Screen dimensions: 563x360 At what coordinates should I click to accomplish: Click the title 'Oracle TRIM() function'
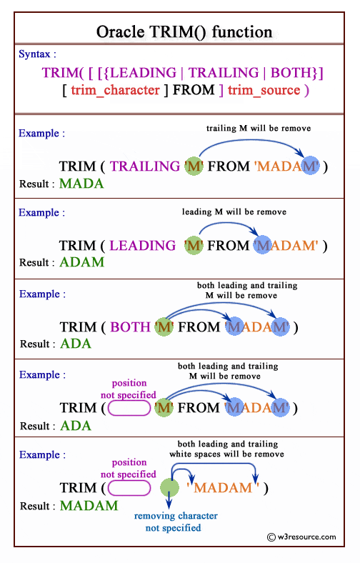pyautogui.click(x=184, y=32)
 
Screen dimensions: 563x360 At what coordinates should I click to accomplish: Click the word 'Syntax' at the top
pyautogui.click(x=37, y=54)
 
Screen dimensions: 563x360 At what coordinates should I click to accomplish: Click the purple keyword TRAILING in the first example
pyautogui.click(x=145, y=166)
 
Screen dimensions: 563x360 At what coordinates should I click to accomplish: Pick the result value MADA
pyautogui.click(x=81, y=183)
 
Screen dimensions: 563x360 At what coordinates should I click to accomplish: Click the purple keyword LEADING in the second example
pyautogui.click(x=142, y=246)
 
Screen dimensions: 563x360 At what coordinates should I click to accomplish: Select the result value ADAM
pyautogui.click(x=81, y=262)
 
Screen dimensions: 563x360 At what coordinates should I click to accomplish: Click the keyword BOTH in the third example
pyautogui.click(x=130, y=327)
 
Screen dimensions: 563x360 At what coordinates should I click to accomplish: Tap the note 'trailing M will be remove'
pyautogui.click(x=259, y=129)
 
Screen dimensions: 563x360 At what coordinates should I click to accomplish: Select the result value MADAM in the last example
pyautogui.click(x=89, y=506)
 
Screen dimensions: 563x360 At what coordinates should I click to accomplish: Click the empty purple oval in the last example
pyautogui.click(x=129, y=489)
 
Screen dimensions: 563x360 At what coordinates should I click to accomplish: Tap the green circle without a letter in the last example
pyautogui.click(x=170, y=489)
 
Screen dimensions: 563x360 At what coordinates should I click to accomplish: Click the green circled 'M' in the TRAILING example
pyautogui.click(x=194, y=166)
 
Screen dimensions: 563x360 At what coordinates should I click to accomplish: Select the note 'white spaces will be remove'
pyautogui.click(x=226, y=454)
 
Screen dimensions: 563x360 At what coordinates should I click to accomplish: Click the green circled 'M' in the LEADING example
pyautogui.click(x=194, y=246)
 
